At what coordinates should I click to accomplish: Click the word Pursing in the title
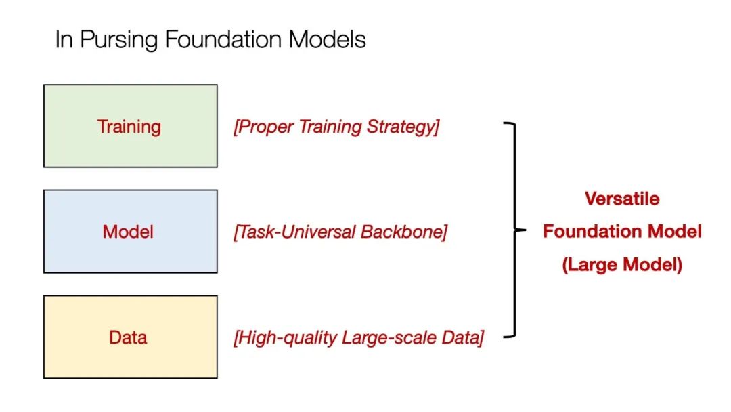[119, 40]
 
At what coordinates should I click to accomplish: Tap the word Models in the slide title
[328, 40]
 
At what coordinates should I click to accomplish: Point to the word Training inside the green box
[129, 127]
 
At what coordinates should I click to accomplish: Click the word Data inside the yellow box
[128, 337]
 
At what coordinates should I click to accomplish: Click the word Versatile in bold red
[622, 199]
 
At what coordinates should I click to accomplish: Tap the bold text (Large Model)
[622, 265]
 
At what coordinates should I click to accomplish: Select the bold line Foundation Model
[622, 232]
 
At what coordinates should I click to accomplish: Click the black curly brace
[516, 230]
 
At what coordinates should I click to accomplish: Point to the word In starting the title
[64, 40]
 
